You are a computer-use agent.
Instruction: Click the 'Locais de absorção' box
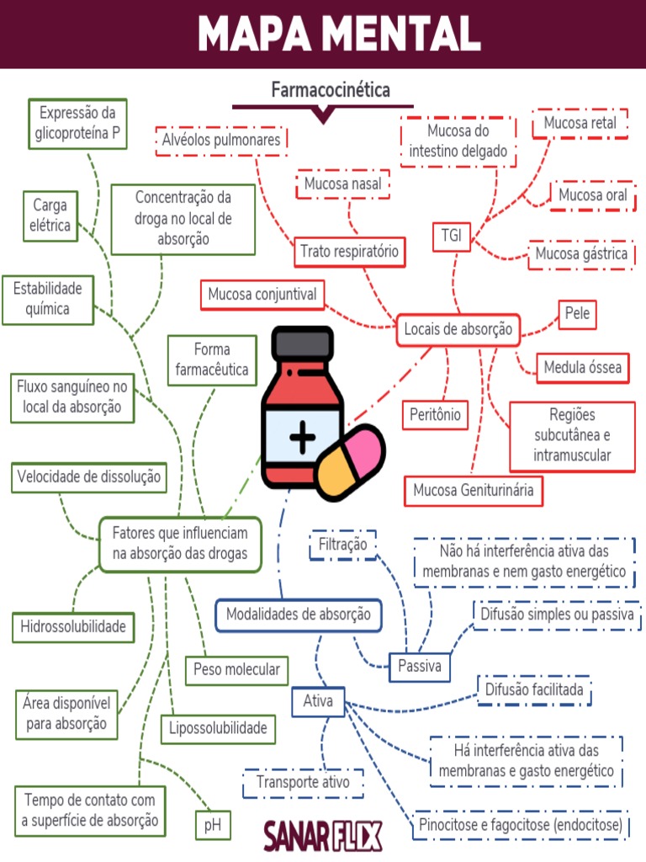[x=458, y=330]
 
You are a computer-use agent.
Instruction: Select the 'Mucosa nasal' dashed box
[x=343, y=184]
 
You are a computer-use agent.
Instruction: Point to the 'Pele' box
[x=577, y=314]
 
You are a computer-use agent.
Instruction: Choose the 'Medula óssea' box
[x=583, y=368]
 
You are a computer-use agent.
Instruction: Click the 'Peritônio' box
[x=435, y=414]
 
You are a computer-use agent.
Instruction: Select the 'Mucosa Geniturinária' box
[x=474, y=490]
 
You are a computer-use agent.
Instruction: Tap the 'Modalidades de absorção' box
[x=299, y=615]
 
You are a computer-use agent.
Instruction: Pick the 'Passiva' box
[x=419, y=667]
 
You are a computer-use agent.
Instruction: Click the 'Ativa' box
[x=318, y=701]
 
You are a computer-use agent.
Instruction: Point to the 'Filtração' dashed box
[x=342, y=545]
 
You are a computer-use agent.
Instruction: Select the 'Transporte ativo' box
[x=303, y=783]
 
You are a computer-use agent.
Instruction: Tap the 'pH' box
[x=213, y=826]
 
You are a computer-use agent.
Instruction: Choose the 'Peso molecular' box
[x=236, y=670]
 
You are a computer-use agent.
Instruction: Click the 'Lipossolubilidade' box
[x=218, y=728]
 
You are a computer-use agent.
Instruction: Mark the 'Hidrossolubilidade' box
[x=73, y=626]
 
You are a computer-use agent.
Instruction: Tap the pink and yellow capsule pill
[x=347, y=460]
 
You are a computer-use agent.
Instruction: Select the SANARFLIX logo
[x=322, y=835]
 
